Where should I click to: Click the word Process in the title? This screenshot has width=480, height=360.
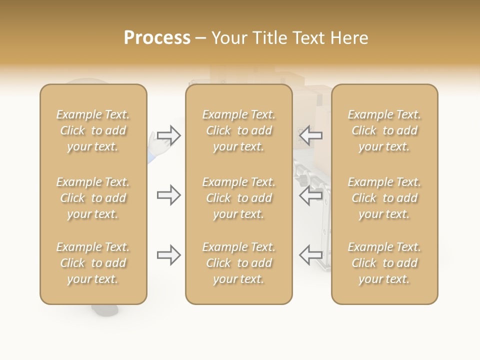click(x=157, y=38)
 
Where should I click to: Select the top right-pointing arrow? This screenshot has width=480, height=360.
click(x=168, y=135)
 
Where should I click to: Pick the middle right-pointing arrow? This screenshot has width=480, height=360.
click(x=168, y=195)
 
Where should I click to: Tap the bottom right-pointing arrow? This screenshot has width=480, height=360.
click(x=168, y=255)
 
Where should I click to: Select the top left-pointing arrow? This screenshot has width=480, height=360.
click(x=310, y=135)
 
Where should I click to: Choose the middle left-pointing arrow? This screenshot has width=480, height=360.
click(x=310, y=195)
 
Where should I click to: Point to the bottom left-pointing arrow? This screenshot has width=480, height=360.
click(x=310, y=255)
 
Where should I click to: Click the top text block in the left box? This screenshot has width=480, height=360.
click(x=93, y=130)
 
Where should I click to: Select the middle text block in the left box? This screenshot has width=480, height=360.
click(x=93, y=198)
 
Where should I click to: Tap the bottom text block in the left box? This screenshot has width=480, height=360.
click(x=93, y=263)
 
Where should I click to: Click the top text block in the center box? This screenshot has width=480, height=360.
click(x=239, y=130)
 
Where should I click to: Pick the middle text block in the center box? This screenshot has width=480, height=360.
click(x=239, y=198)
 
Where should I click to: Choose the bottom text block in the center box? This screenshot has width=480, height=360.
click(x=239, y=263)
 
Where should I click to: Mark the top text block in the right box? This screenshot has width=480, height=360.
click(x=384, y=130)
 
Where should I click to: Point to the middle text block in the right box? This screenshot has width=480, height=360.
click(x=384, y=198)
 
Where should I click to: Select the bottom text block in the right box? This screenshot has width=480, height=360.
click(x=384, y=263)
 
